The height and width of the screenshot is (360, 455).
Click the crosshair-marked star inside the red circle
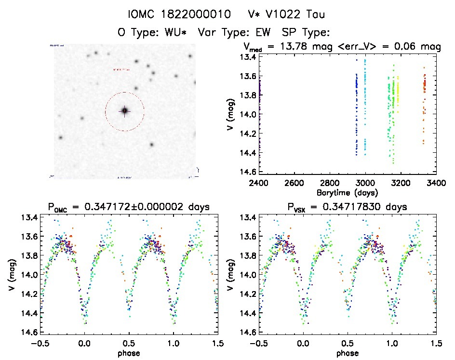click(124, 111)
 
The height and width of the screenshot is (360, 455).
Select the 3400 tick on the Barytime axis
click(436, 183)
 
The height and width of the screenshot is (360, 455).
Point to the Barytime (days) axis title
click(348, 193)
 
